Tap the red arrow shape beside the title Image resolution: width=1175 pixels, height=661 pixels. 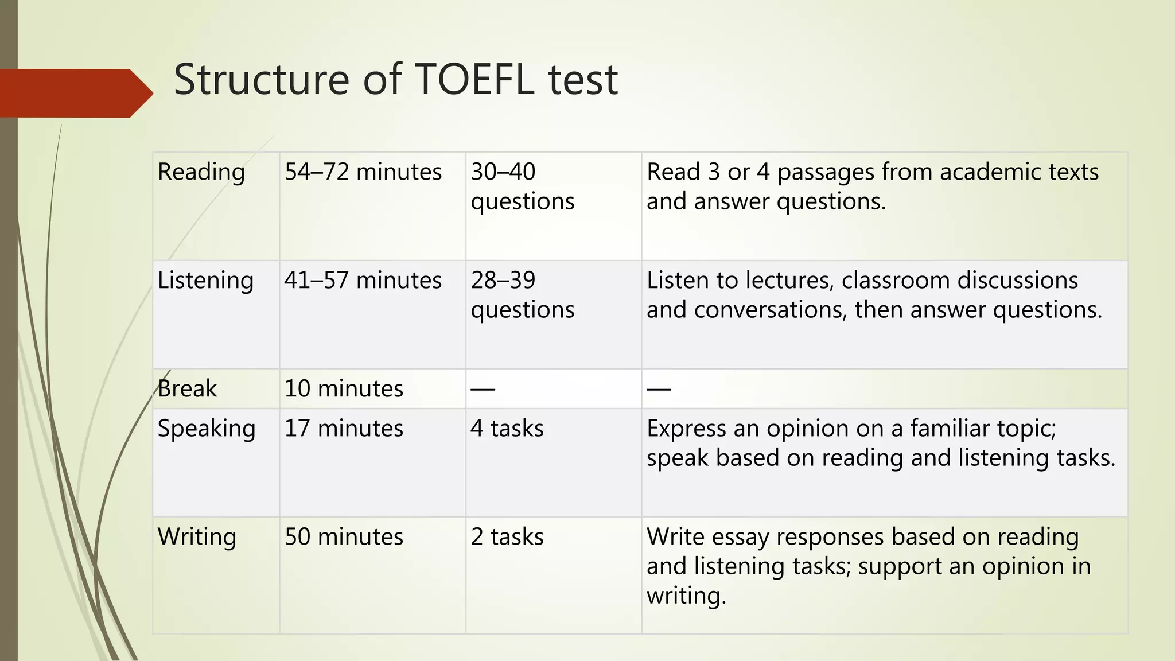coord(75,93)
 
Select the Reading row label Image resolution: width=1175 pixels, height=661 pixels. coord(201,172)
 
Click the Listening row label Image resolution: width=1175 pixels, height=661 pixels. coord(205,281)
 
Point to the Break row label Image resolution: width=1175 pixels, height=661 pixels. coord(187,389)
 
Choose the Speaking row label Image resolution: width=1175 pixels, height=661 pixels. coord(207,429)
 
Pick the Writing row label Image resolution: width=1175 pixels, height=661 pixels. coord(197,537)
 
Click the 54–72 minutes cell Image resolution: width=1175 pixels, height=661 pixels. coord(363,172)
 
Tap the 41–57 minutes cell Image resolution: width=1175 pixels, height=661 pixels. coord(363,281)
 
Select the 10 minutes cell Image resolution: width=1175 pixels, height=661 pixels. coord(344,389)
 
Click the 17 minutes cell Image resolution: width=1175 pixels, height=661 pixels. coord(344,429)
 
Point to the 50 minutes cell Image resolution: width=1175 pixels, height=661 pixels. coord(344,537)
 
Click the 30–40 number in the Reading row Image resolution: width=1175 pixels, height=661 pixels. coord(503,172)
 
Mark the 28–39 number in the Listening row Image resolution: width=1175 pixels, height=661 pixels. coord(503,281)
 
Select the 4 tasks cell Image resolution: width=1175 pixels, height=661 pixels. coord(507,429)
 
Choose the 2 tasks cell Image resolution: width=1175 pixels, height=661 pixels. coord(507,537)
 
